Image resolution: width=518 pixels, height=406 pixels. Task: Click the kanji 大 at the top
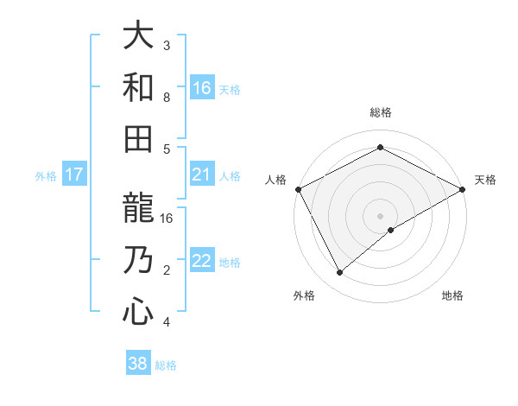139,35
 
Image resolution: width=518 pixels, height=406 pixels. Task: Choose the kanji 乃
139,260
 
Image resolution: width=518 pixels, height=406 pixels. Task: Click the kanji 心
139,311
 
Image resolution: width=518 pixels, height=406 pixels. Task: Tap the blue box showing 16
202,87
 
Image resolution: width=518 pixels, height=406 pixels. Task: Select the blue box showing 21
202,174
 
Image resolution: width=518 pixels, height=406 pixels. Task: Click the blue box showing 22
202,261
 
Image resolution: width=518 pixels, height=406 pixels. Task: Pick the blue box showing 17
74,174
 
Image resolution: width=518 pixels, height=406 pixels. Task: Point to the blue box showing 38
138,364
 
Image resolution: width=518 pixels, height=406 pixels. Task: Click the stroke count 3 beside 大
167,45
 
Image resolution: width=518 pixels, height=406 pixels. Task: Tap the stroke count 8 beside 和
167,97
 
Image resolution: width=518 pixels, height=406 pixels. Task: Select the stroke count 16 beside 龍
167,219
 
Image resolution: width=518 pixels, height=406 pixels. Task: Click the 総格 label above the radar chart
380,112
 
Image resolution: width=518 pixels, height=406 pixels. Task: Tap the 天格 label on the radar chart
486,180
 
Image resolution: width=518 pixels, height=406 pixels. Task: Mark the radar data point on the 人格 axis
298,188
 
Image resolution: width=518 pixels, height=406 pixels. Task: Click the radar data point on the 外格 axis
340,273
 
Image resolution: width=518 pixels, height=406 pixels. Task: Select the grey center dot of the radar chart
380,215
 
